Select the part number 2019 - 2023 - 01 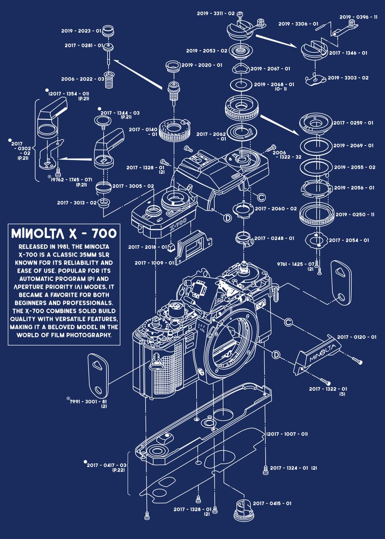[x=81, y=31]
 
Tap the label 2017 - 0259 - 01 [x=353, y=123]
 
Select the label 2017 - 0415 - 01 [x=272, y=504]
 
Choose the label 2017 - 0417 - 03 [x=107, y=464]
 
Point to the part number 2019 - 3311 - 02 [x=216, y=13]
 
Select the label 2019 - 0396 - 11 [x=358, y=17]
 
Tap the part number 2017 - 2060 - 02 [x=275, y=208]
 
